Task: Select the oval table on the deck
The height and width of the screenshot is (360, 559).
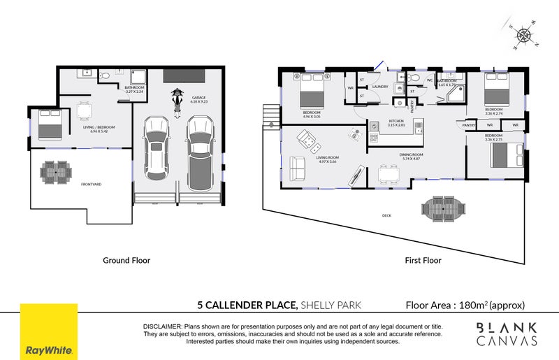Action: [x=442, y=208]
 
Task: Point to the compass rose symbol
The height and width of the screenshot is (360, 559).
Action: [x=521, y=34]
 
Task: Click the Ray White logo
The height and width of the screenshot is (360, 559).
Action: [x=48, y=331]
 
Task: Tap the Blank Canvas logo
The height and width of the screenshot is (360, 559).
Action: [x=506, y=333]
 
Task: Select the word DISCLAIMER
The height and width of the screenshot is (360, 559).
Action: [x=162, y=326]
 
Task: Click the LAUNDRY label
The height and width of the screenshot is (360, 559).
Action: [x=380, y=87]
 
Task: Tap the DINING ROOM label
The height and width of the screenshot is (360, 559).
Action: [x=412, y=154]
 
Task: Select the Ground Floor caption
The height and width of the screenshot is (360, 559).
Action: [x=126, y=260]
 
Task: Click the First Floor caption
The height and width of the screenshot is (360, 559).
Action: [x=423, y=260]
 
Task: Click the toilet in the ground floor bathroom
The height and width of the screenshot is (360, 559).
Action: [x=103, y=73]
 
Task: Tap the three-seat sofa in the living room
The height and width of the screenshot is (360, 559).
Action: [x=296, y=168]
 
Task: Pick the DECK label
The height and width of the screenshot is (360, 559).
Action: [x=386, y=215]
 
